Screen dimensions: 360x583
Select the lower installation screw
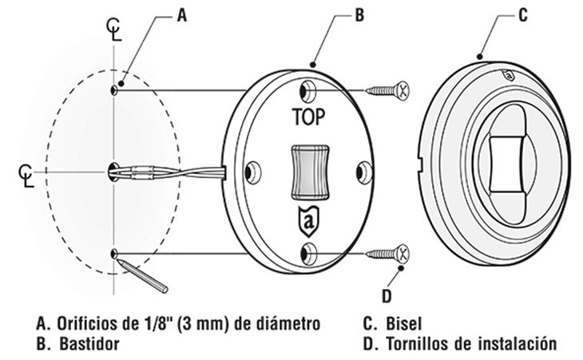(387, 254)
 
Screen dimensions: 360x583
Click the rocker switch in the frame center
(308, 170)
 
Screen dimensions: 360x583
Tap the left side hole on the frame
(253, 171)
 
